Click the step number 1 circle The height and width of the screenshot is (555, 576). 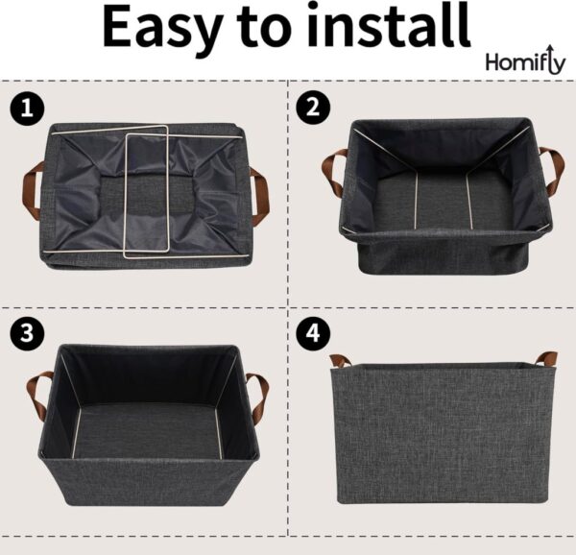tap(28, 108)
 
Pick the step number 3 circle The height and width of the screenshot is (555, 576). tap(28, 333)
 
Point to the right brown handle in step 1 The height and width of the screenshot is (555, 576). tap(259, 195)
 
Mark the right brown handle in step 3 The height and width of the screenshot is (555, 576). tap(258, 396)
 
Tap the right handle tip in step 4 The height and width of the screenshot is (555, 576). tap(546, 359)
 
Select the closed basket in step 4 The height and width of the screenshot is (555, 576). tap(443, 432)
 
